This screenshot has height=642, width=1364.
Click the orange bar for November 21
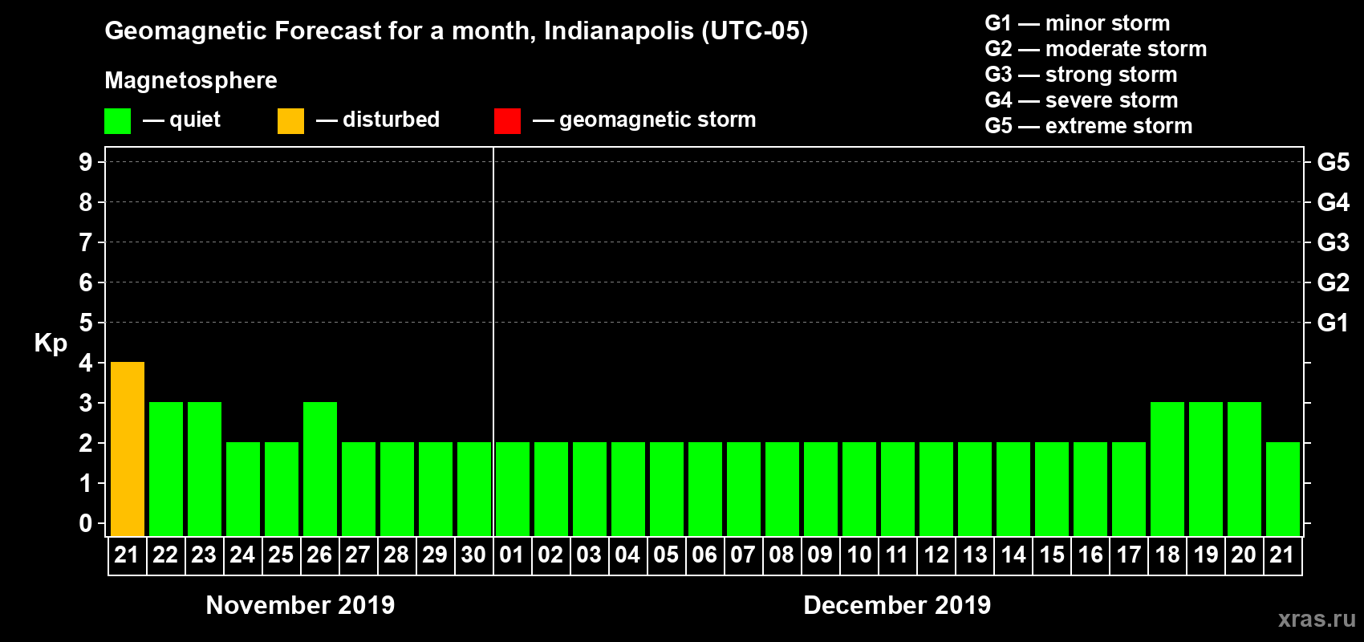(x=127, y=449)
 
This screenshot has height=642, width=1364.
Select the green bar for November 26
(x=319, y=469)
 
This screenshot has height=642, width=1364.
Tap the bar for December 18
(x=1167, y=469)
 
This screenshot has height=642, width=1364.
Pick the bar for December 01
(x=512, y=489)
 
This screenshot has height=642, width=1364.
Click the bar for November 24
(x=242, y=489)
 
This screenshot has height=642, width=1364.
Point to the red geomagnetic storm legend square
(x=507, y=121)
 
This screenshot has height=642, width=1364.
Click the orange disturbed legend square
(x=290, y=121)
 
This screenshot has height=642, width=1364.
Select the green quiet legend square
(x=117, y=121)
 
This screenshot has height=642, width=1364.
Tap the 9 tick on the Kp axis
(x=86, y=162)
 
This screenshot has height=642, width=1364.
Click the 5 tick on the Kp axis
(x=86, y=323)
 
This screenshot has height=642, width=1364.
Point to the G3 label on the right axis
(x=1333, y=242)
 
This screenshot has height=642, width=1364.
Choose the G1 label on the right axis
(x=1333, y=323)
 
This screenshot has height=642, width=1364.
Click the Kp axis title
(x=51, y=343)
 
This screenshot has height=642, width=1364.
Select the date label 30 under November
(x=473, y=555)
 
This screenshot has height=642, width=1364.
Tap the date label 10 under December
(x=859, y=555)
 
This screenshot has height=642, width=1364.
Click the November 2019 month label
(x=300, y=605)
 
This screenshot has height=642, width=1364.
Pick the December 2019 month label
(x=897, y=605)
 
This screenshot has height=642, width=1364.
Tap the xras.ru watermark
(x=1316, y=619)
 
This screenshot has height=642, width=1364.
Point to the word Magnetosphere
(x=190, y=80)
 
